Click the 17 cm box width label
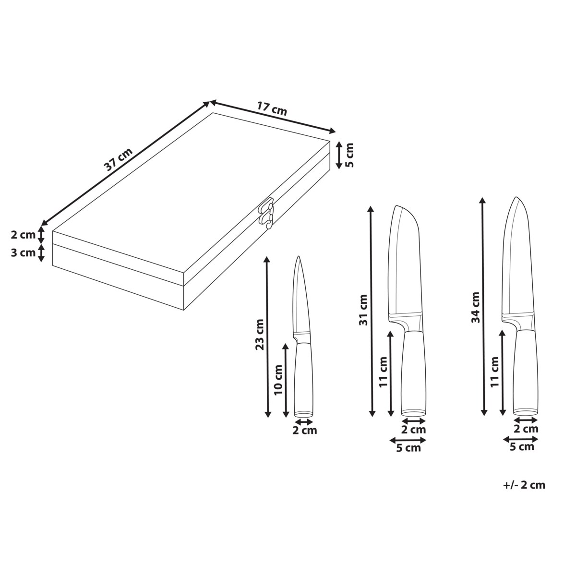point(272,109)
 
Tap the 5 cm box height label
point(349,155)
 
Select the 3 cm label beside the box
point(23,253)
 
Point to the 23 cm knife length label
point(260,335)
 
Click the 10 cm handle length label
point(278,380)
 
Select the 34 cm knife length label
point(475,308)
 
